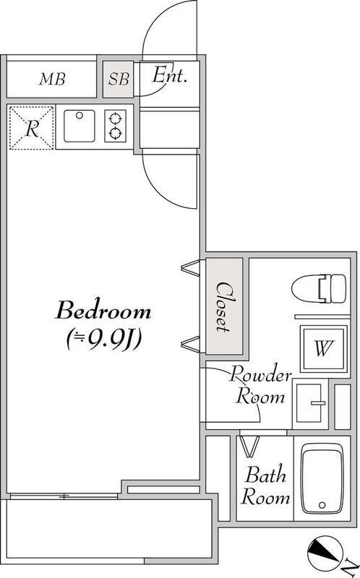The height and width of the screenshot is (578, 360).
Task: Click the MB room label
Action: point(52,79)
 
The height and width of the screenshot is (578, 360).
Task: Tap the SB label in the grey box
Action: point(119,79)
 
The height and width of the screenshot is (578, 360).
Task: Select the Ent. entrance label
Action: point(169,75)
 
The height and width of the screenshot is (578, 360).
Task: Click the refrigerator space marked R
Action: point(32,128)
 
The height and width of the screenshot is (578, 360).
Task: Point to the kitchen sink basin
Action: point(80,126)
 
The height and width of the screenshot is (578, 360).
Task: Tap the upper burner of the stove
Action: point(116,118)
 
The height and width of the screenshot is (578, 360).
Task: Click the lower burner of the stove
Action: point(116,133)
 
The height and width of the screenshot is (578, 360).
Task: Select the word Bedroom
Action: point(103,311)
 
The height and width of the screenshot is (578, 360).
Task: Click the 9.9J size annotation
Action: point(103,338)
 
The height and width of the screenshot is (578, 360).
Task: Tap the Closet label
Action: point(223,307)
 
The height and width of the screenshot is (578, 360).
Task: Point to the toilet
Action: point(319,288)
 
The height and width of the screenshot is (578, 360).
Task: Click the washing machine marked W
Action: point(323,348)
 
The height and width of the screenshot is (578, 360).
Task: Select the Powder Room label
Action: point(260,386)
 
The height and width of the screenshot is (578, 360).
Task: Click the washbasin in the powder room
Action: point(310,404)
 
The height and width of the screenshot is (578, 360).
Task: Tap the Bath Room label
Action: point(265,485)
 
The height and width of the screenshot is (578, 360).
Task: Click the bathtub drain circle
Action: point(322,505)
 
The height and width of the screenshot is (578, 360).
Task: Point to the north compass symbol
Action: point(323,553)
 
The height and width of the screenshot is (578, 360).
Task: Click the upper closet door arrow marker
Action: point(191,267)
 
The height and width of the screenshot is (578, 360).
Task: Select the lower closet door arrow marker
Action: point(191,343)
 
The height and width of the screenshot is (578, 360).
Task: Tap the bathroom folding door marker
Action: point(249,447)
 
